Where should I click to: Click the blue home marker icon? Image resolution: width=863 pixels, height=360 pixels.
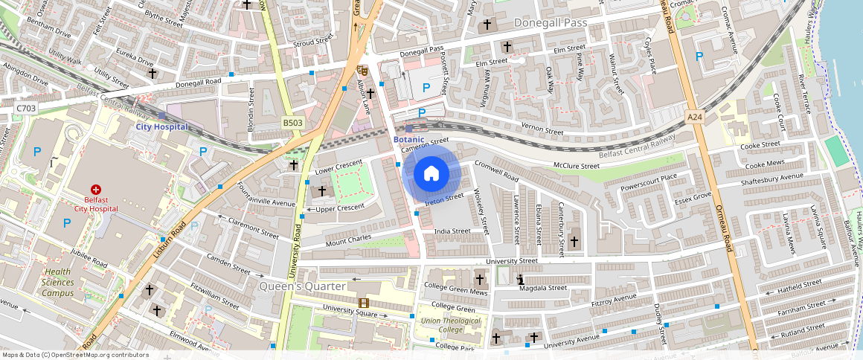[x=431, y=174]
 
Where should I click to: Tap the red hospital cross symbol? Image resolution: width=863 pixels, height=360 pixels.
[x=95, y=190]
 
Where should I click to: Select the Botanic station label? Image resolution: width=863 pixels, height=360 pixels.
[x=408, y=139]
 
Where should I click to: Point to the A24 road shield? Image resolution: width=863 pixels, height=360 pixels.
[x=695, y=117]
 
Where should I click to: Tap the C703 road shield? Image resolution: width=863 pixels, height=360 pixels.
[x=26, y=109]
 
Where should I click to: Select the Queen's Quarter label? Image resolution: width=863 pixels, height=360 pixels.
[x=302, y=286]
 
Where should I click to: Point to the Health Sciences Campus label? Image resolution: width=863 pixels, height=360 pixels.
[x=58, y=282]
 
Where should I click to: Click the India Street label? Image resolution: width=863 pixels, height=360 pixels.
[x=452, y=231]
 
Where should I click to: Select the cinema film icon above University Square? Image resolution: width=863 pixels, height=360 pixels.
[x=363, y=303]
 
